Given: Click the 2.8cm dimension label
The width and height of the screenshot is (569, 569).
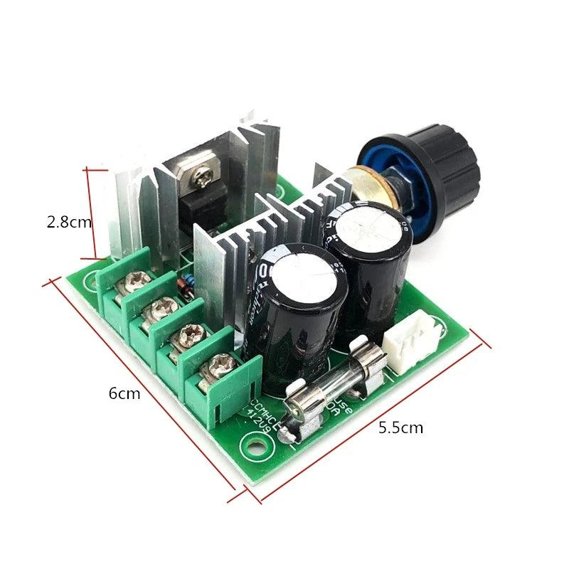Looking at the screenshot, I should [x=69, y=222].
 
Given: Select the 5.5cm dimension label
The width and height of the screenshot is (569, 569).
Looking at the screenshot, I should [x=400, y=427].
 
